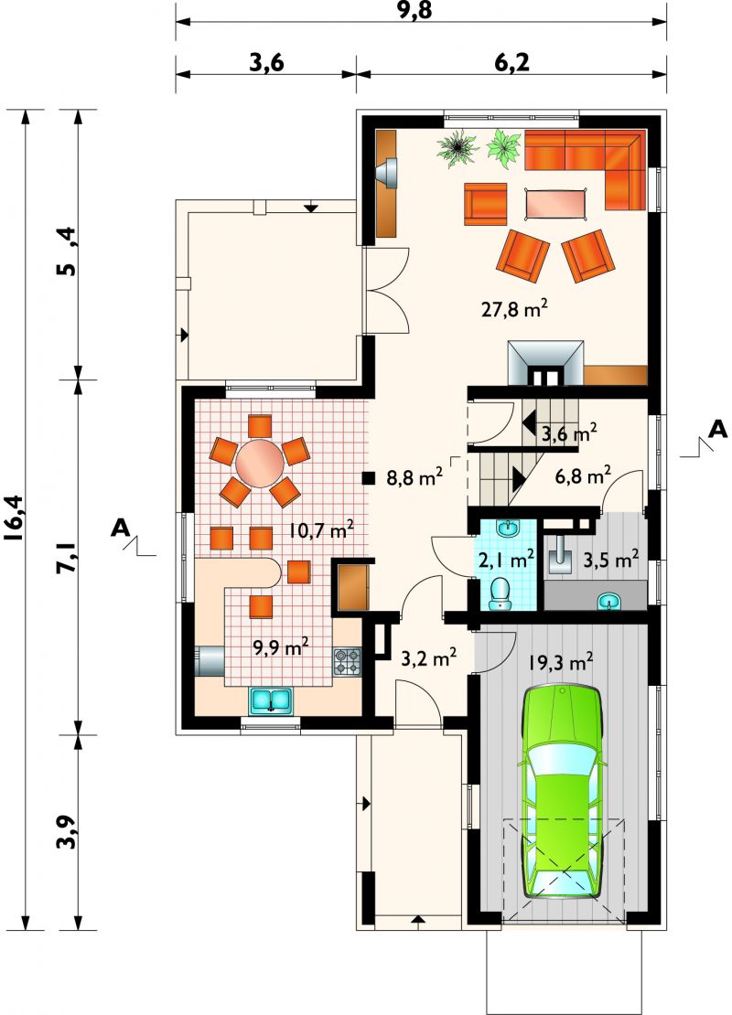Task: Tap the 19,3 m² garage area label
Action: point(561,662)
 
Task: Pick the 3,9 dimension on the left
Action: point(68,831)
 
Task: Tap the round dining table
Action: point(259,462)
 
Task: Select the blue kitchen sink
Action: point(272,701)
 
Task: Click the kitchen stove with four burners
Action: point(347,661)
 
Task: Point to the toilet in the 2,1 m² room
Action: point(499,594)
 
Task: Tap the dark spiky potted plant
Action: point(458,148)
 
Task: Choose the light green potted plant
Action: point(504,148)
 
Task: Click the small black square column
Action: point(369,478)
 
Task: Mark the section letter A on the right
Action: point(717,429)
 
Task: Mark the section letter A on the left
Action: point(119,528)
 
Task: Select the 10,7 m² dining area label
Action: point(321,532)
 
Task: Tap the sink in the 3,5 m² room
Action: point(608,602)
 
